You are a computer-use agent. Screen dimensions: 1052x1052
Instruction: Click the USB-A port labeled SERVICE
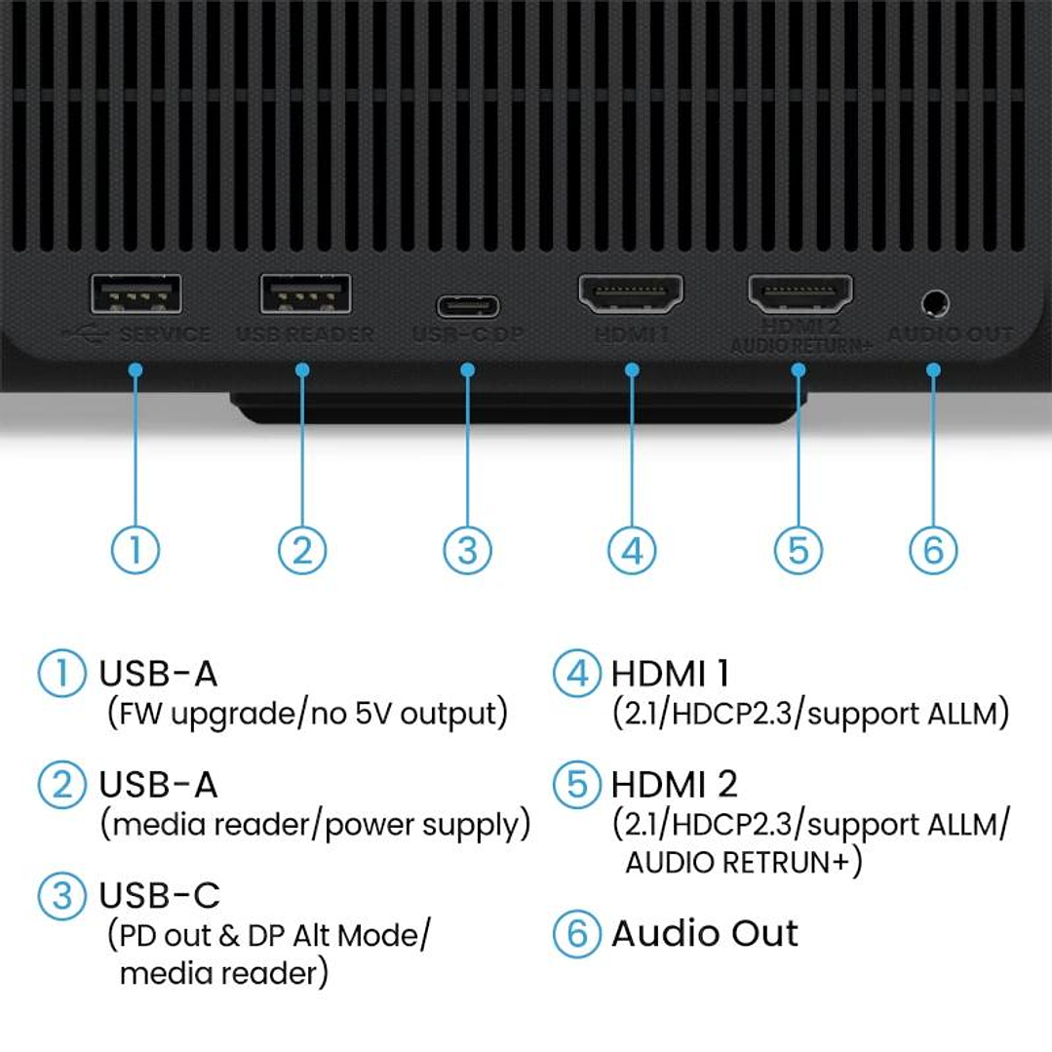(x=136, y=293)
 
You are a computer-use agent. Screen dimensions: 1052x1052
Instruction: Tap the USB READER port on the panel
(x=305, y=293)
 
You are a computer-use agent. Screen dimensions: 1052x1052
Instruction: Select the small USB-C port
(x=468, y=306)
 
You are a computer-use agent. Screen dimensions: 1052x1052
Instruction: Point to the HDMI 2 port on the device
(x=799, y=292)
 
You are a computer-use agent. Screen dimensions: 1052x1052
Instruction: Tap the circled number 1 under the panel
(x=136, y=550)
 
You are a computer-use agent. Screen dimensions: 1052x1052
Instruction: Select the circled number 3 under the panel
(x=468, y=550)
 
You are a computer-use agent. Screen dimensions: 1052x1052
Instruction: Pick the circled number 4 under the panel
(x=632, y=550)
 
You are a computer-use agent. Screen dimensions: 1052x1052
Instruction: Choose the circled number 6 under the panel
(x=933, y=550)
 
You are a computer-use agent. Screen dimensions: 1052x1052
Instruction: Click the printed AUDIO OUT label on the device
(x=950, y=334)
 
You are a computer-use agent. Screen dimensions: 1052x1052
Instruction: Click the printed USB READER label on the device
(x=305, y=334)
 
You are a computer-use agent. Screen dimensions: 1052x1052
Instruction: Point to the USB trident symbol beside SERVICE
(x=85, y=333)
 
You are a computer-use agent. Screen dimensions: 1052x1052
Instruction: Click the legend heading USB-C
(x=160, y=895)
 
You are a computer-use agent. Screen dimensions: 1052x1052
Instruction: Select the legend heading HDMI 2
(x=674, y=784)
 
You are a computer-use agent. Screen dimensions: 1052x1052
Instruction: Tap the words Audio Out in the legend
(x=704, y=933)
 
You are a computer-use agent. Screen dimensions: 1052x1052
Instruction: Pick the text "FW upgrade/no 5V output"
(x=306, y=714)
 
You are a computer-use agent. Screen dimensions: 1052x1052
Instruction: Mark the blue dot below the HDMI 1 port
(x=632, y=370)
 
